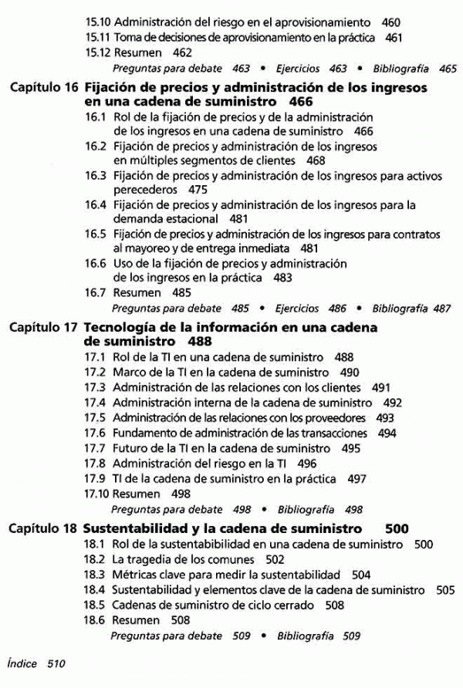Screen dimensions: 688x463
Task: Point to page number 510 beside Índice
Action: (57, 663)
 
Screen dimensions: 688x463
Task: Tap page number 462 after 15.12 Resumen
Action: (181, 53)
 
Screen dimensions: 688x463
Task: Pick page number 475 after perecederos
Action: (198, 190)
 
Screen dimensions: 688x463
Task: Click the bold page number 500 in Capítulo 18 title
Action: (396, 529)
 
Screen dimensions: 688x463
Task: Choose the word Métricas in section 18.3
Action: (136, 575)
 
